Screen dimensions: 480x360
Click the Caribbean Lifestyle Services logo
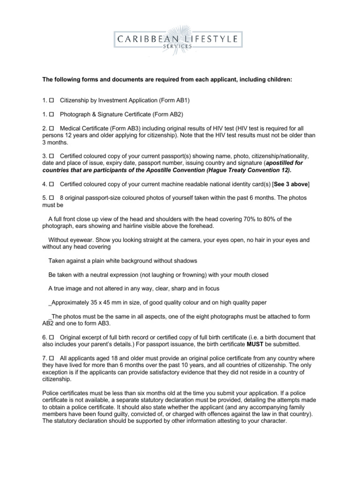pos(180,39)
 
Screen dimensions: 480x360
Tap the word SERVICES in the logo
pos(180,47)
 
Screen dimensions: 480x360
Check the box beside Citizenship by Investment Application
pos(52,101)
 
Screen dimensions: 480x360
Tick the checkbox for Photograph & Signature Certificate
pos(52,114)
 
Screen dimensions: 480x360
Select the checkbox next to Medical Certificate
pos(52,127)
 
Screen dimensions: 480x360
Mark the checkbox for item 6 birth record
pos(52,337)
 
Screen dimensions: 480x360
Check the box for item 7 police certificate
pos(52,358)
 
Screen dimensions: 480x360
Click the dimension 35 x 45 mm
pos(104,302)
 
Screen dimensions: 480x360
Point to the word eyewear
pos(77,240)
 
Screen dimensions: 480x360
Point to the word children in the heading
pos(278,80)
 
